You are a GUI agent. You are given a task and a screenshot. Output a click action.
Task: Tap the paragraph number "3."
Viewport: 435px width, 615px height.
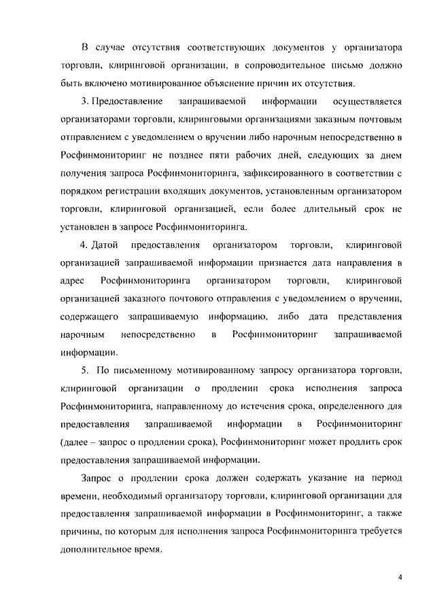pos(84,102)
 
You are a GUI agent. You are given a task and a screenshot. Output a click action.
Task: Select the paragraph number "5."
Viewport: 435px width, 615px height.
pos(84,370)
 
